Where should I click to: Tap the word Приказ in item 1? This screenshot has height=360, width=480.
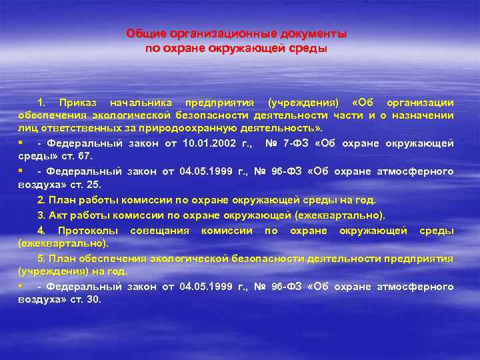pyautogui.click(x=78, y=103)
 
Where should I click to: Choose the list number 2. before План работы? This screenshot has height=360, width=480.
pyautogui.click(x=42, y=199)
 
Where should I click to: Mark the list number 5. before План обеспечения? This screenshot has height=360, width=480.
pyautogui.click(x=42, y=257)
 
